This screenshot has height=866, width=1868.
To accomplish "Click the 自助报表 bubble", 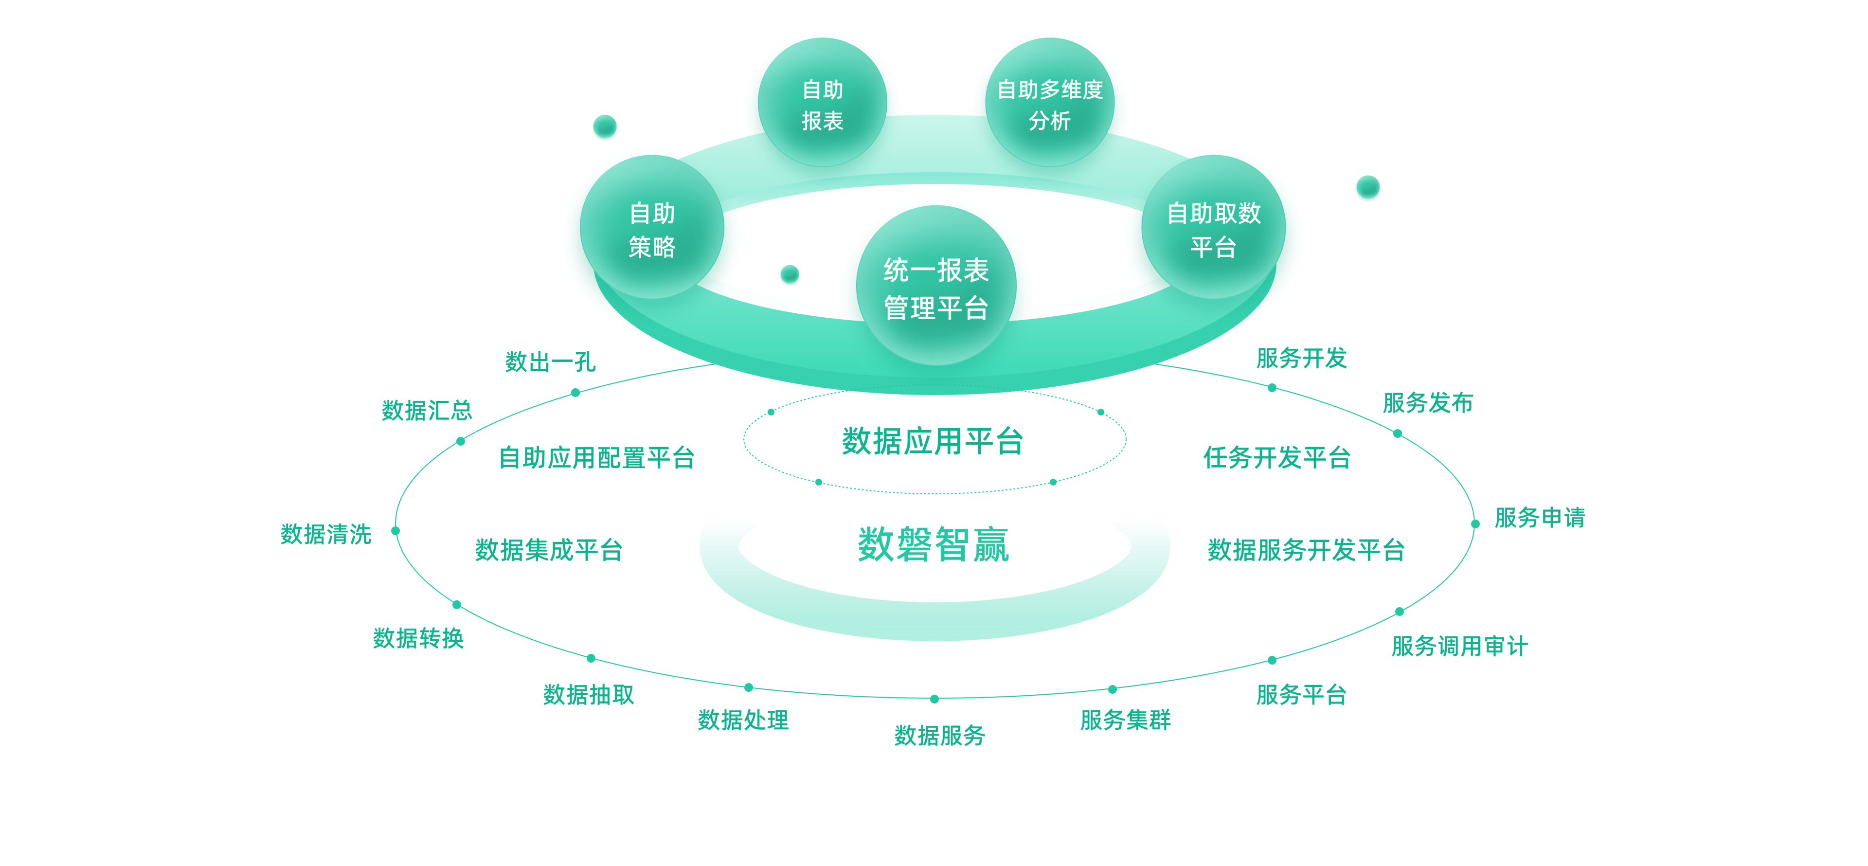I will click(822, 104).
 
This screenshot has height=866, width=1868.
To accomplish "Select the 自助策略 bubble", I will click(652, 229).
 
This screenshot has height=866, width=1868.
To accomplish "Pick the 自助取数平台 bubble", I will click(1213, 229).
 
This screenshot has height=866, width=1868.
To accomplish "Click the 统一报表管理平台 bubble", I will click(935, 288).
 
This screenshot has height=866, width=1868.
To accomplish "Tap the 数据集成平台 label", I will click(549, 550).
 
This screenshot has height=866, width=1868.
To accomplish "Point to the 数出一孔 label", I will click(550, 361).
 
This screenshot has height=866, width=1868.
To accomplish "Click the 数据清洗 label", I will click(325, 534).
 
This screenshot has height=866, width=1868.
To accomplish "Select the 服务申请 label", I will click(1540, 517).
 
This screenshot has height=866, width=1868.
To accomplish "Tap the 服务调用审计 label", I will click(1460, 646).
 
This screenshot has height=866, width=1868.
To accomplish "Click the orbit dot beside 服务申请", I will click(1475, 523).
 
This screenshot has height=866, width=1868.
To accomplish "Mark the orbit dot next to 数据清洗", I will click(395, 531).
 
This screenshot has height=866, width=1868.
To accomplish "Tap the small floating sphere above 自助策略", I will click(605, 127).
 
